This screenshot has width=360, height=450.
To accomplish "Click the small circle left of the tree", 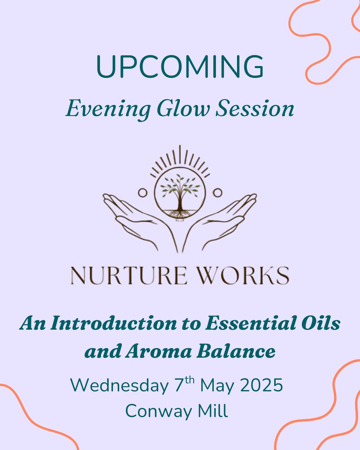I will click(142, 193).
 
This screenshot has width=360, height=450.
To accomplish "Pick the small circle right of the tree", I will click(216, 193).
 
